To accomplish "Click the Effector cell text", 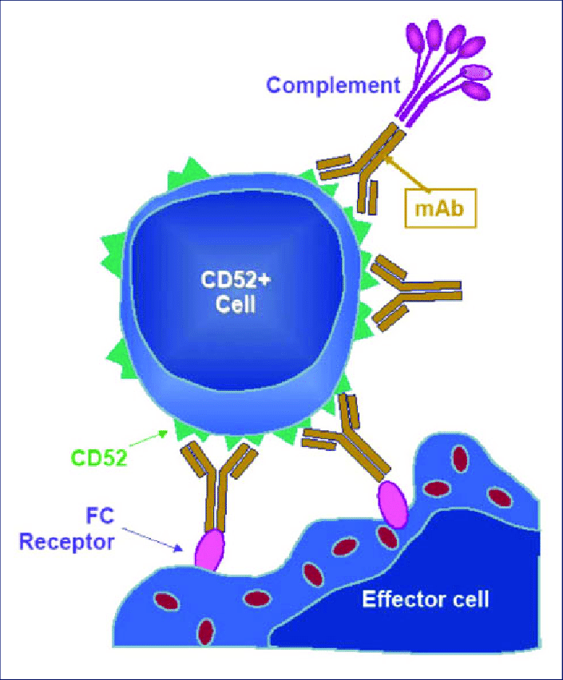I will [x=425, y=599].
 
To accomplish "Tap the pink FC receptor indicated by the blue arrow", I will [x=208, y=549].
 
